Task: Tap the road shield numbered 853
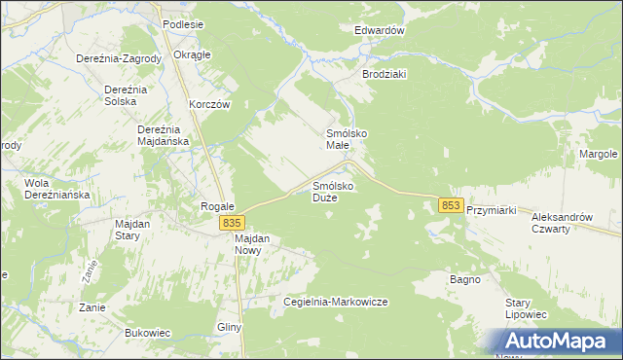click(x=450, y=205)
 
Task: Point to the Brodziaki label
click(x=385, y=74)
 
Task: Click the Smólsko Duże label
click(x=332, y=191)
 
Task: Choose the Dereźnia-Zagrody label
click(x=119, y=58)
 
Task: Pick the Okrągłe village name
click(x=192, y=54)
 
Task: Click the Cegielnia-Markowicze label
click(x=335, y=302)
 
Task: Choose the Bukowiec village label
click(x=148, y=333)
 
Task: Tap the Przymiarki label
click(x=496, y=210)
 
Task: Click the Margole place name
click(x=599, y=155)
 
